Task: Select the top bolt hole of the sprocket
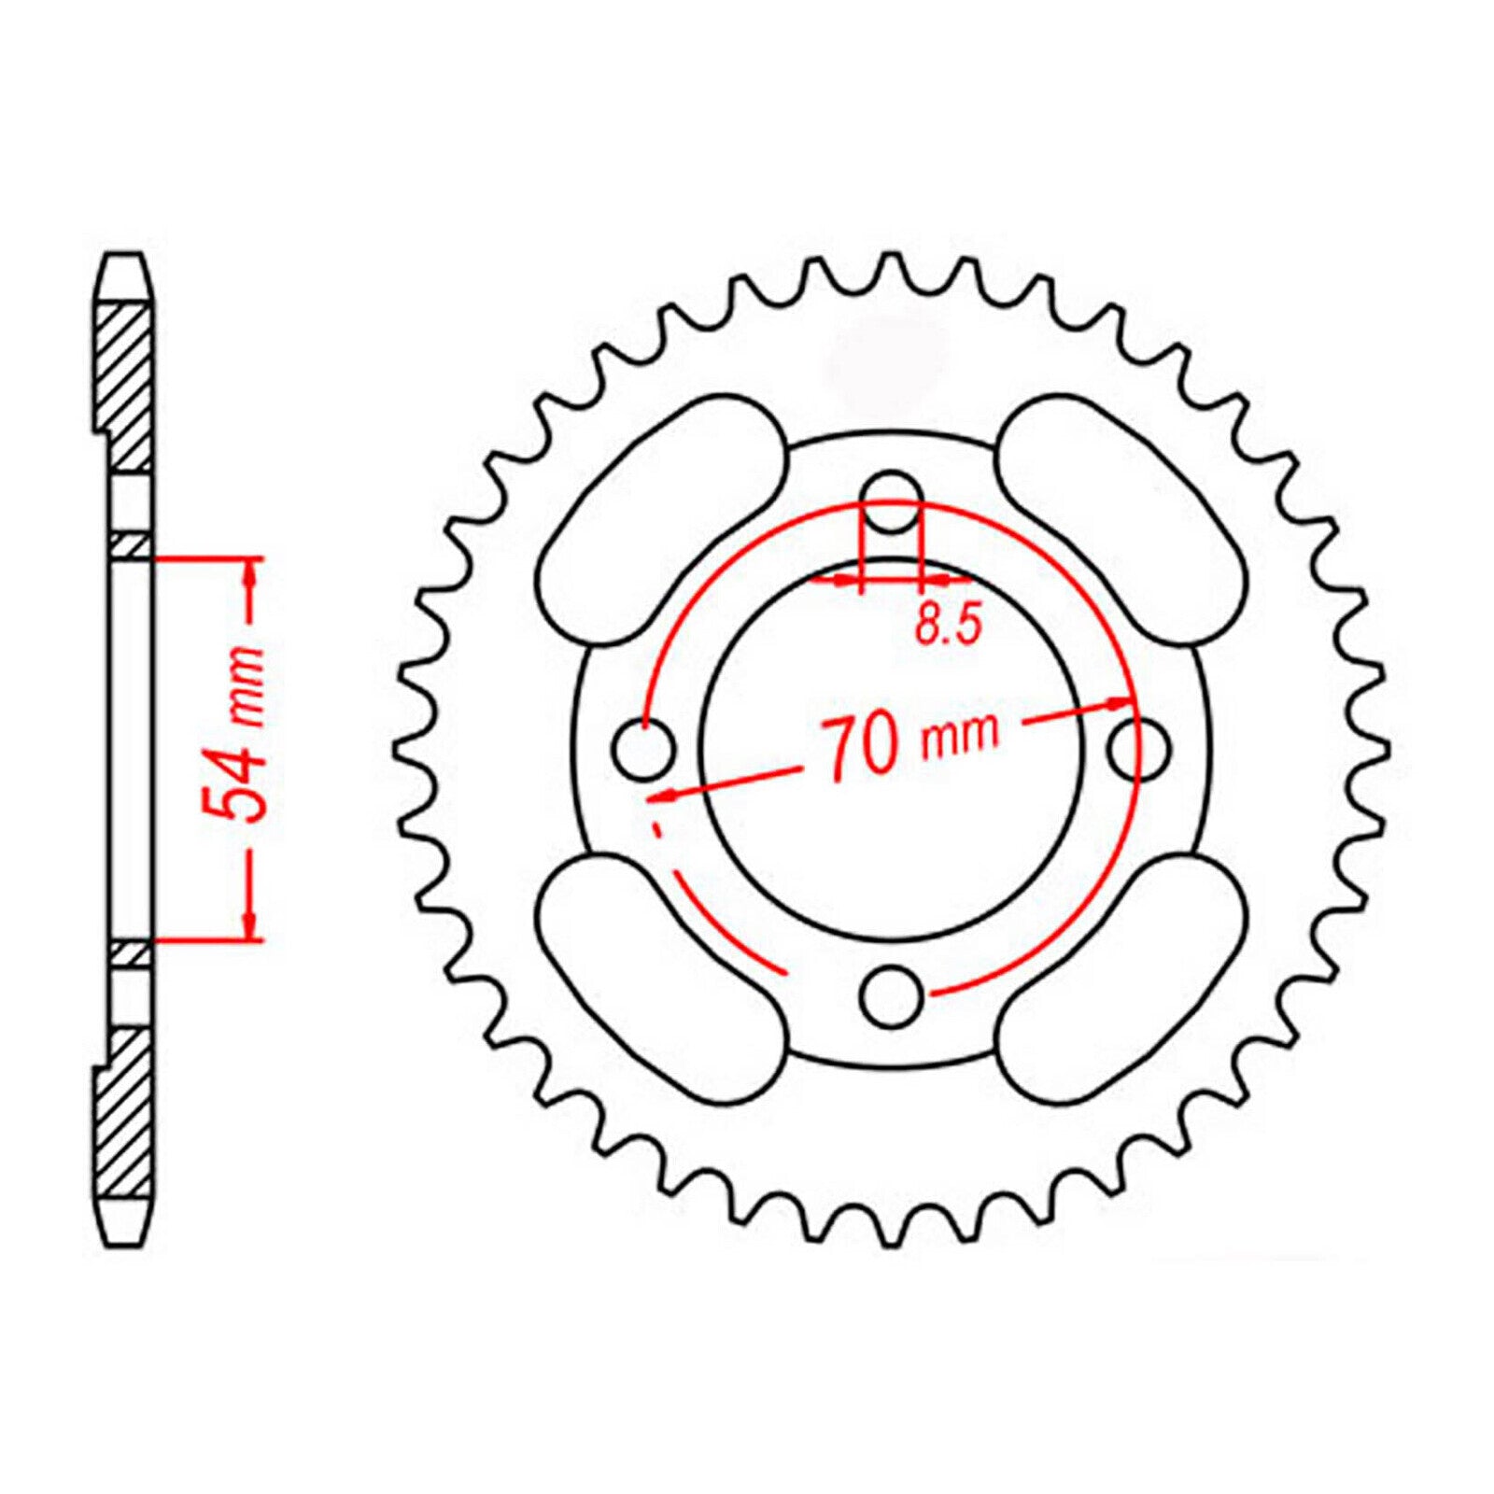[892, 502]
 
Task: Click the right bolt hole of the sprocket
[1138, 747]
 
